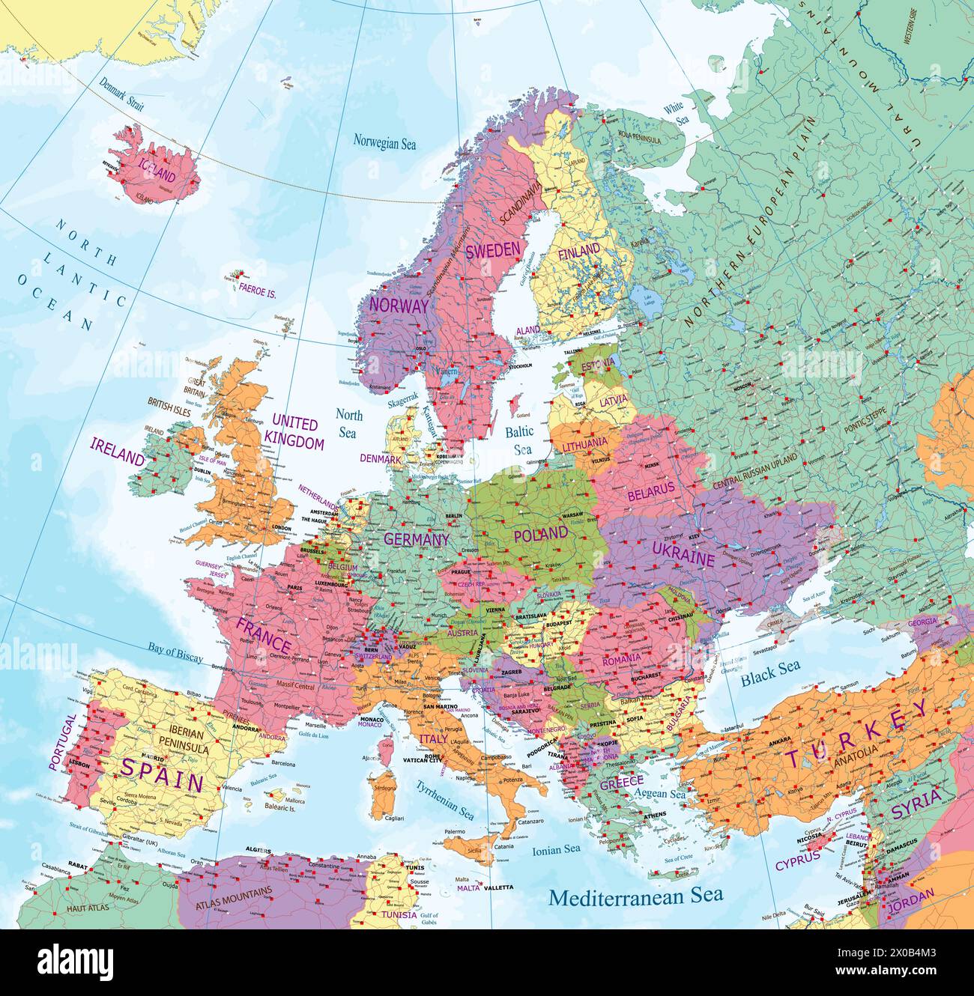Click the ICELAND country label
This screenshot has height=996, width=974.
[x=156, y=177]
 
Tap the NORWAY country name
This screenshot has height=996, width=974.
[x=399, y=306]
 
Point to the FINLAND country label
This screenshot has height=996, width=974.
[x=578, y=249]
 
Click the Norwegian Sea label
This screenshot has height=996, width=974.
[x=384, y=143]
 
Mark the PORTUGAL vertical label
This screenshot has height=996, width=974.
[x=62, y=741]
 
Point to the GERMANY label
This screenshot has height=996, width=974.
[x=417, y=539]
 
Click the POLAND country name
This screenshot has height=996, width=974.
[x=540, y=534]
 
